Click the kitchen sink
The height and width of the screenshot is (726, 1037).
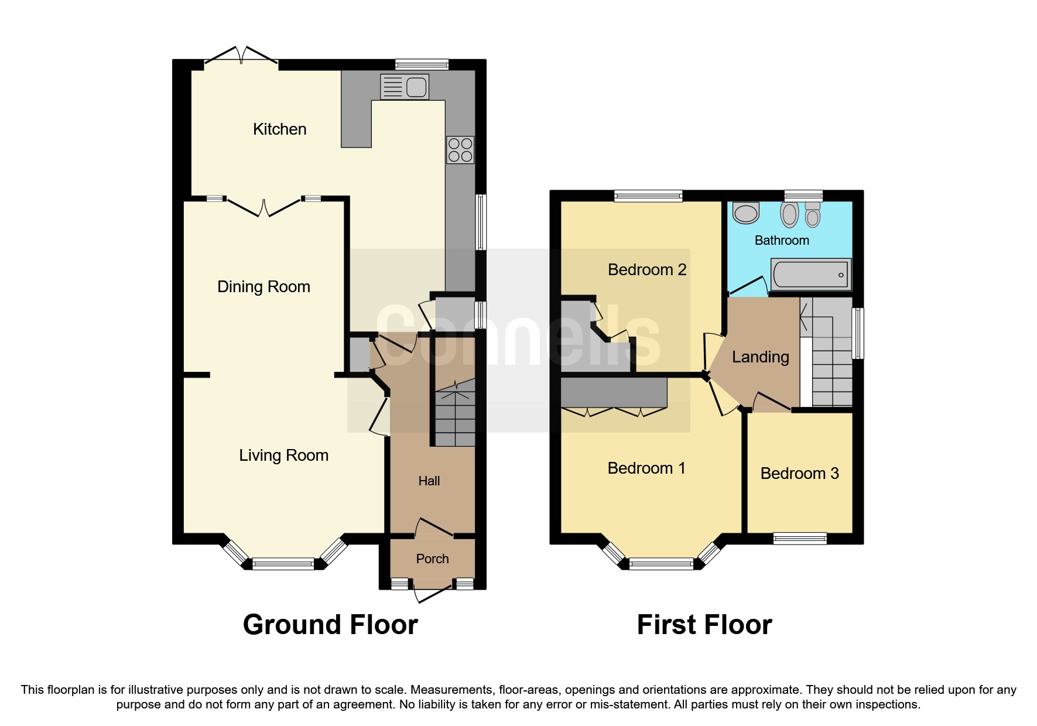point(405,87)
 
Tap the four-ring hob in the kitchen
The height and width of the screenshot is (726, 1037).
point(460,149)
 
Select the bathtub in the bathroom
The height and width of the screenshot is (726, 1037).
point(810,274)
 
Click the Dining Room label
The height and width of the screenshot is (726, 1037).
point(263,287)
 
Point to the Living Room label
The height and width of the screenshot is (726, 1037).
point(283,456)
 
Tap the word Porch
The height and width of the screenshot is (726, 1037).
point(432,559)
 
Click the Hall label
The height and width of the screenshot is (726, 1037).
point(429,481)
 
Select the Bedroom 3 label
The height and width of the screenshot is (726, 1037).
point(799,474)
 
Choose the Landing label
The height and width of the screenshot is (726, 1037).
point(760,357)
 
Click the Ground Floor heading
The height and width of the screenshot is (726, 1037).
point(330,625)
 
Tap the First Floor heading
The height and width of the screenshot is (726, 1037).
point(704,625)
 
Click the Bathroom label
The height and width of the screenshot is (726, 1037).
point(781,241)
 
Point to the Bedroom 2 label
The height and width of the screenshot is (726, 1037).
point(646,270)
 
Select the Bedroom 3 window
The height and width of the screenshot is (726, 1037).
point(800,538)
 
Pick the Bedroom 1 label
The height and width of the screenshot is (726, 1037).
point(646,468)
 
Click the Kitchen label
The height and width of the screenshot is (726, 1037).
point(279,129)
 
